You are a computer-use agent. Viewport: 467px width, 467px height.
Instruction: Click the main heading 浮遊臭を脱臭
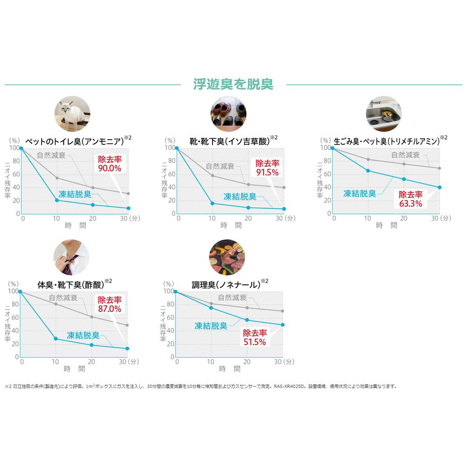[x=233, y=84]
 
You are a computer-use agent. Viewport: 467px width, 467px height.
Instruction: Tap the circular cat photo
[x=72, y=113]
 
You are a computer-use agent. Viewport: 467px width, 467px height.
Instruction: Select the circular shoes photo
[x=228, y=113]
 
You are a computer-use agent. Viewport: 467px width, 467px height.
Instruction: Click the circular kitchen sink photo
[x=383, y=113]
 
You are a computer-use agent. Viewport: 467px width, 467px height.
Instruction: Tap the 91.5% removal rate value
[x=267, y=171]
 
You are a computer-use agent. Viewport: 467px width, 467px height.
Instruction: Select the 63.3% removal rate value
[x=410, y=204]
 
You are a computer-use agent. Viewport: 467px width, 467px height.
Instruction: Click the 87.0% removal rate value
[x=109, y=309]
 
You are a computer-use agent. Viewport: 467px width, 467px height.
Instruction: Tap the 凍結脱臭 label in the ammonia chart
[x=75, y=194]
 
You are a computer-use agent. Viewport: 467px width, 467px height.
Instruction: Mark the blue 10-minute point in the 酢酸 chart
[x=56, y=339]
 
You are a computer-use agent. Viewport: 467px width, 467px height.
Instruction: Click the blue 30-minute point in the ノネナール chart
[x=283, y=325]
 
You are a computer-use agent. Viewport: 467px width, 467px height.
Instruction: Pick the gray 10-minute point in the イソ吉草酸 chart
[x=212, y=176]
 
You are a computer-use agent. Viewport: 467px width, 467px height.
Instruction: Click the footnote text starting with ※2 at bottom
[x=201, y=386]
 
